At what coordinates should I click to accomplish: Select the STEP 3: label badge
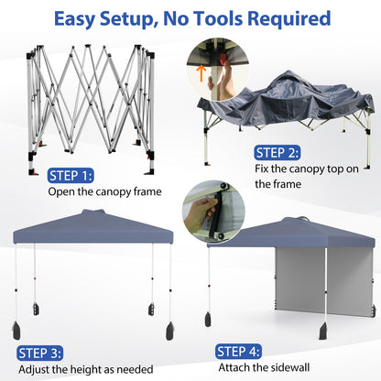(39, 353)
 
